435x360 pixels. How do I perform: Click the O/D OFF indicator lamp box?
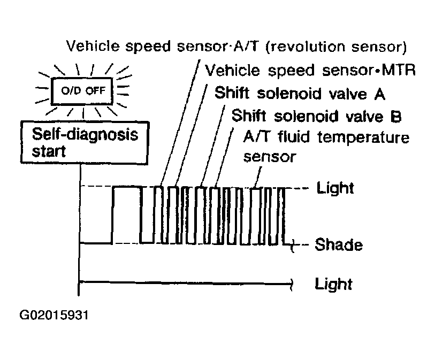pyautogui.click(x=82, y=91)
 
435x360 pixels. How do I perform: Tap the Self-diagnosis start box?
pyautogui.click(x=85, y=142)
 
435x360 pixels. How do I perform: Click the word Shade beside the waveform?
pyautogui.click(x=339, y=244)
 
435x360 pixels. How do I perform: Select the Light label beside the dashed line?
pyautogui.click(x=335, y=188)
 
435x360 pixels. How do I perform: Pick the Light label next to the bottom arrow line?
pyautogui.click(x=333, y=284)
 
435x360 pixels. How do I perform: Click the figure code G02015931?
pyautogui.click(x=54, y=315)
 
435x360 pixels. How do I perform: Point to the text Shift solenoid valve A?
pyautogui.click(x=300, y=93)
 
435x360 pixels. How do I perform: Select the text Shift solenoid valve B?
pyautogui.click(x=317, y=116)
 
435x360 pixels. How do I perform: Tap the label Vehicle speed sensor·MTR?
pyautogui.click(x=310, y=70)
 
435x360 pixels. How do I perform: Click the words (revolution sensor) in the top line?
pyautogui.click(x=336, y=47)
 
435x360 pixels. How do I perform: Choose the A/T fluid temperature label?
pyautogui.click(x=326, y=137)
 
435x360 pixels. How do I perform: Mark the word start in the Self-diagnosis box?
pyautogui.click(x=49, y=151)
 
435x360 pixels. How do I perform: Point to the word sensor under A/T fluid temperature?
pyautogui.click(x=270, y=157)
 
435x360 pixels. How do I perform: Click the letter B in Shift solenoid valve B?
pyautogui.click(x=396, y=116)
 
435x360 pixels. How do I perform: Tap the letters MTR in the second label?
pyautogui.click(x=399, y=70)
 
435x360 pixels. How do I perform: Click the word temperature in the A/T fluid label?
pyautogui.click(x=363, y=138)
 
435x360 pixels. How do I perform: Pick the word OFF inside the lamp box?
pyautogui.click(x=95, y=91)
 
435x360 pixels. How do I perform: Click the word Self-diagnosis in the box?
pyautogui.click(x=85, y=135)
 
